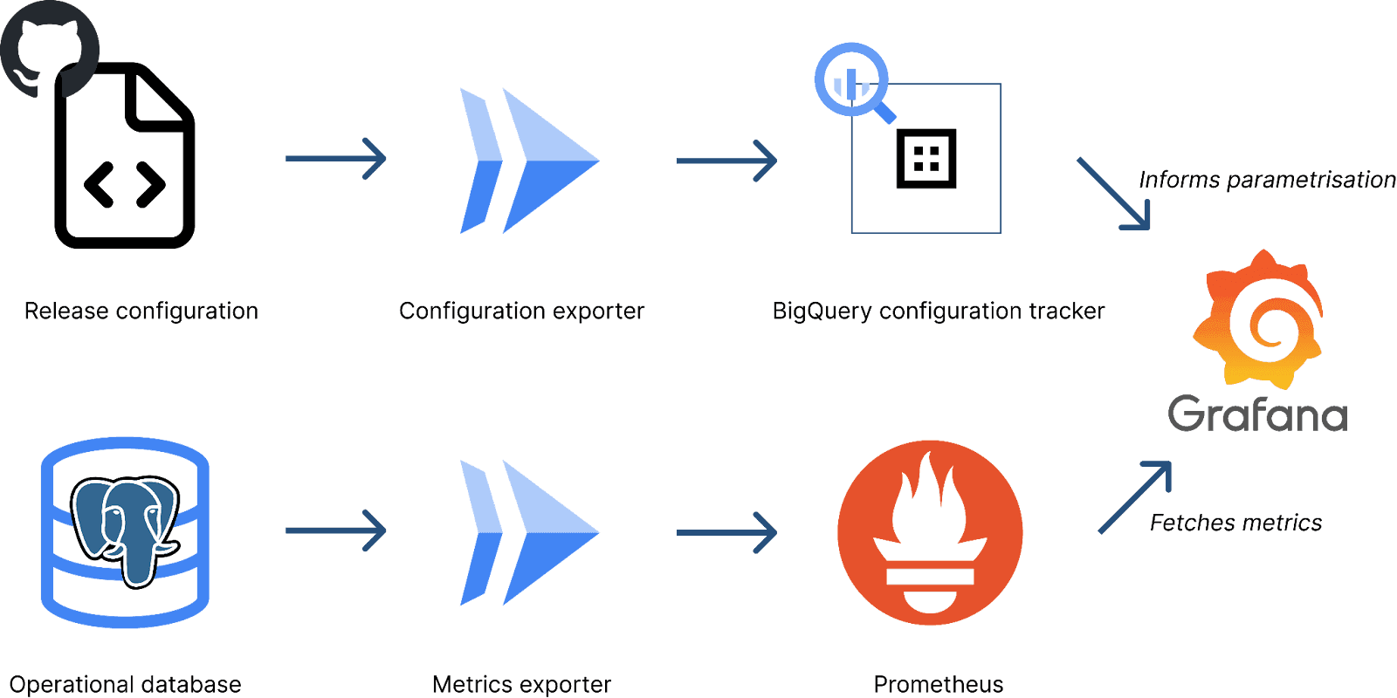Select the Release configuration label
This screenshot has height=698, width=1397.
tap(141, 311)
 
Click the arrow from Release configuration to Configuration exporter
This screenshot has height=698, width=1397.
tap(336, 159)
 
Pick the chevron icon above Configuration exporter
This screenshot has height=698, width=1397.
tap(528, 161)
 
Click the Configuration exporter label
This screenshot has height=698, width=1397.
tap(521, 311)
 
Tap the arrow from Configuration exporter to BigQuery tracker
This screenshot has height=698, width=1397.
tap(726, 161)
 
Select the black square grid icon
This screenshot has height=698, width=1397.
tap(926, 159)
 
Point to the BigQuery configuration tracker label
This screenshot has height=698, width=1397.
tap(938, 311)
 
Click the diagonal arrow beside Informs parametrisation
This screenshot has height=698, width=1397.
tap(1114, 194)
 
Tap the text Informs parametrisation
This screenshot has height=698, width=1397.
tap(1267, 180)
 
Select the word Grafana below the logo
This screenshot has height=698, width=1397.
tap(1257, 414)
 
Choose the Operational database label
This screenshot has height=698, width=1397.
tap(125, 684)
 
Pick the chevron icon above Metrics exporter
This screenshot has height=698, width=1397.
tap(528, 532)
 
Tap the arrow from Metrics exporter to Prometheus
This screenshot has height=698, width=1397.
tap(726, 532)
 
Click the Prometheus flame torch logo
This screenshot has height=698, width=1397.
tap(930, 532)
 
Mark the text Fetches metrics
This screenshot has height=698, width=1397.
tap(1235, 523)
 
